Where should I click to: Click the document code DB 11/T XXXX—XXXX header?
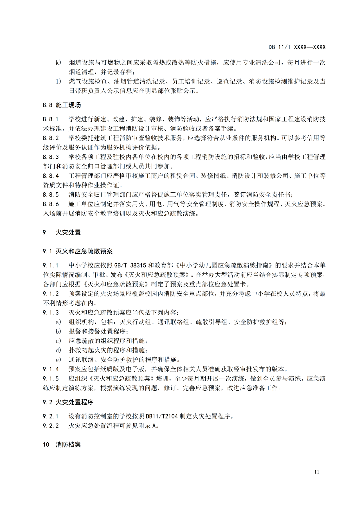pyautogui.click(x=297, y=47)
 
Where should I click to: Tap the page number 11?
pyautogui.click(x=316, y=472)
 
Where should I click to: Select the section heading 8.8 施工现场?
pyautogui.click(x=62, y=105)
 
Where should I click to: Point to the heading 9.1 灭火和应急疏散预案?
pyautogui.click(x=77, y=251)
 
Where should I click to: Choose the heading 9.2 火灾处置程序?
pyautogui.click(x=68, y=402)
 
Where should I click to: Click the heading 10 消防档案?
pyautogui.click(x=62, y=444)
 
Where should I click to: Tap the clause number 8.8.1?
pyautogui.click(x=51, y=119)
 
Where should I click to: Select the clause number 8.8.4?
pyautogui.click(x=51, y=176)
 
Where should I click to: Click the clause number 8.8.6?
pyautogui.click(x=51, y=204)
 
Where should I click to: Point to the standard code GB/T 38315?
pyautogui.click(x=130, y=265)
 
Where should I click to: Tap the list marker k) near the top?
pyautogui.click(x=58, y=62)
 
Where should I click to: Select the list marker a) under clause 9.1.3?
pyautogui.click(x=58, y=322)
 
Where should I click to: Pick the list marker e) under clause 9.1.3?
pyautogui.click(x=58, y=360)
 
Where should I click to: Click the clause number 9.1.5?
pyautogui.click(x=51, y=379)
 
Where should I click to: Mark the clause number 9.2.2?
pyautogui.click(x=51, y=426)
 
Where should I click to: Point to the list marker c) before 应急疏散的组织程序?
pyautogui.click(x=58, y=341)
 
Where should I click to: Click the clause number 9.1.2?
pyautogui.click(x=51, y=294)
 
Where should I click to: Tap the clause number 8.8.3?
pyautogui.click(x=51, y=157)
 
